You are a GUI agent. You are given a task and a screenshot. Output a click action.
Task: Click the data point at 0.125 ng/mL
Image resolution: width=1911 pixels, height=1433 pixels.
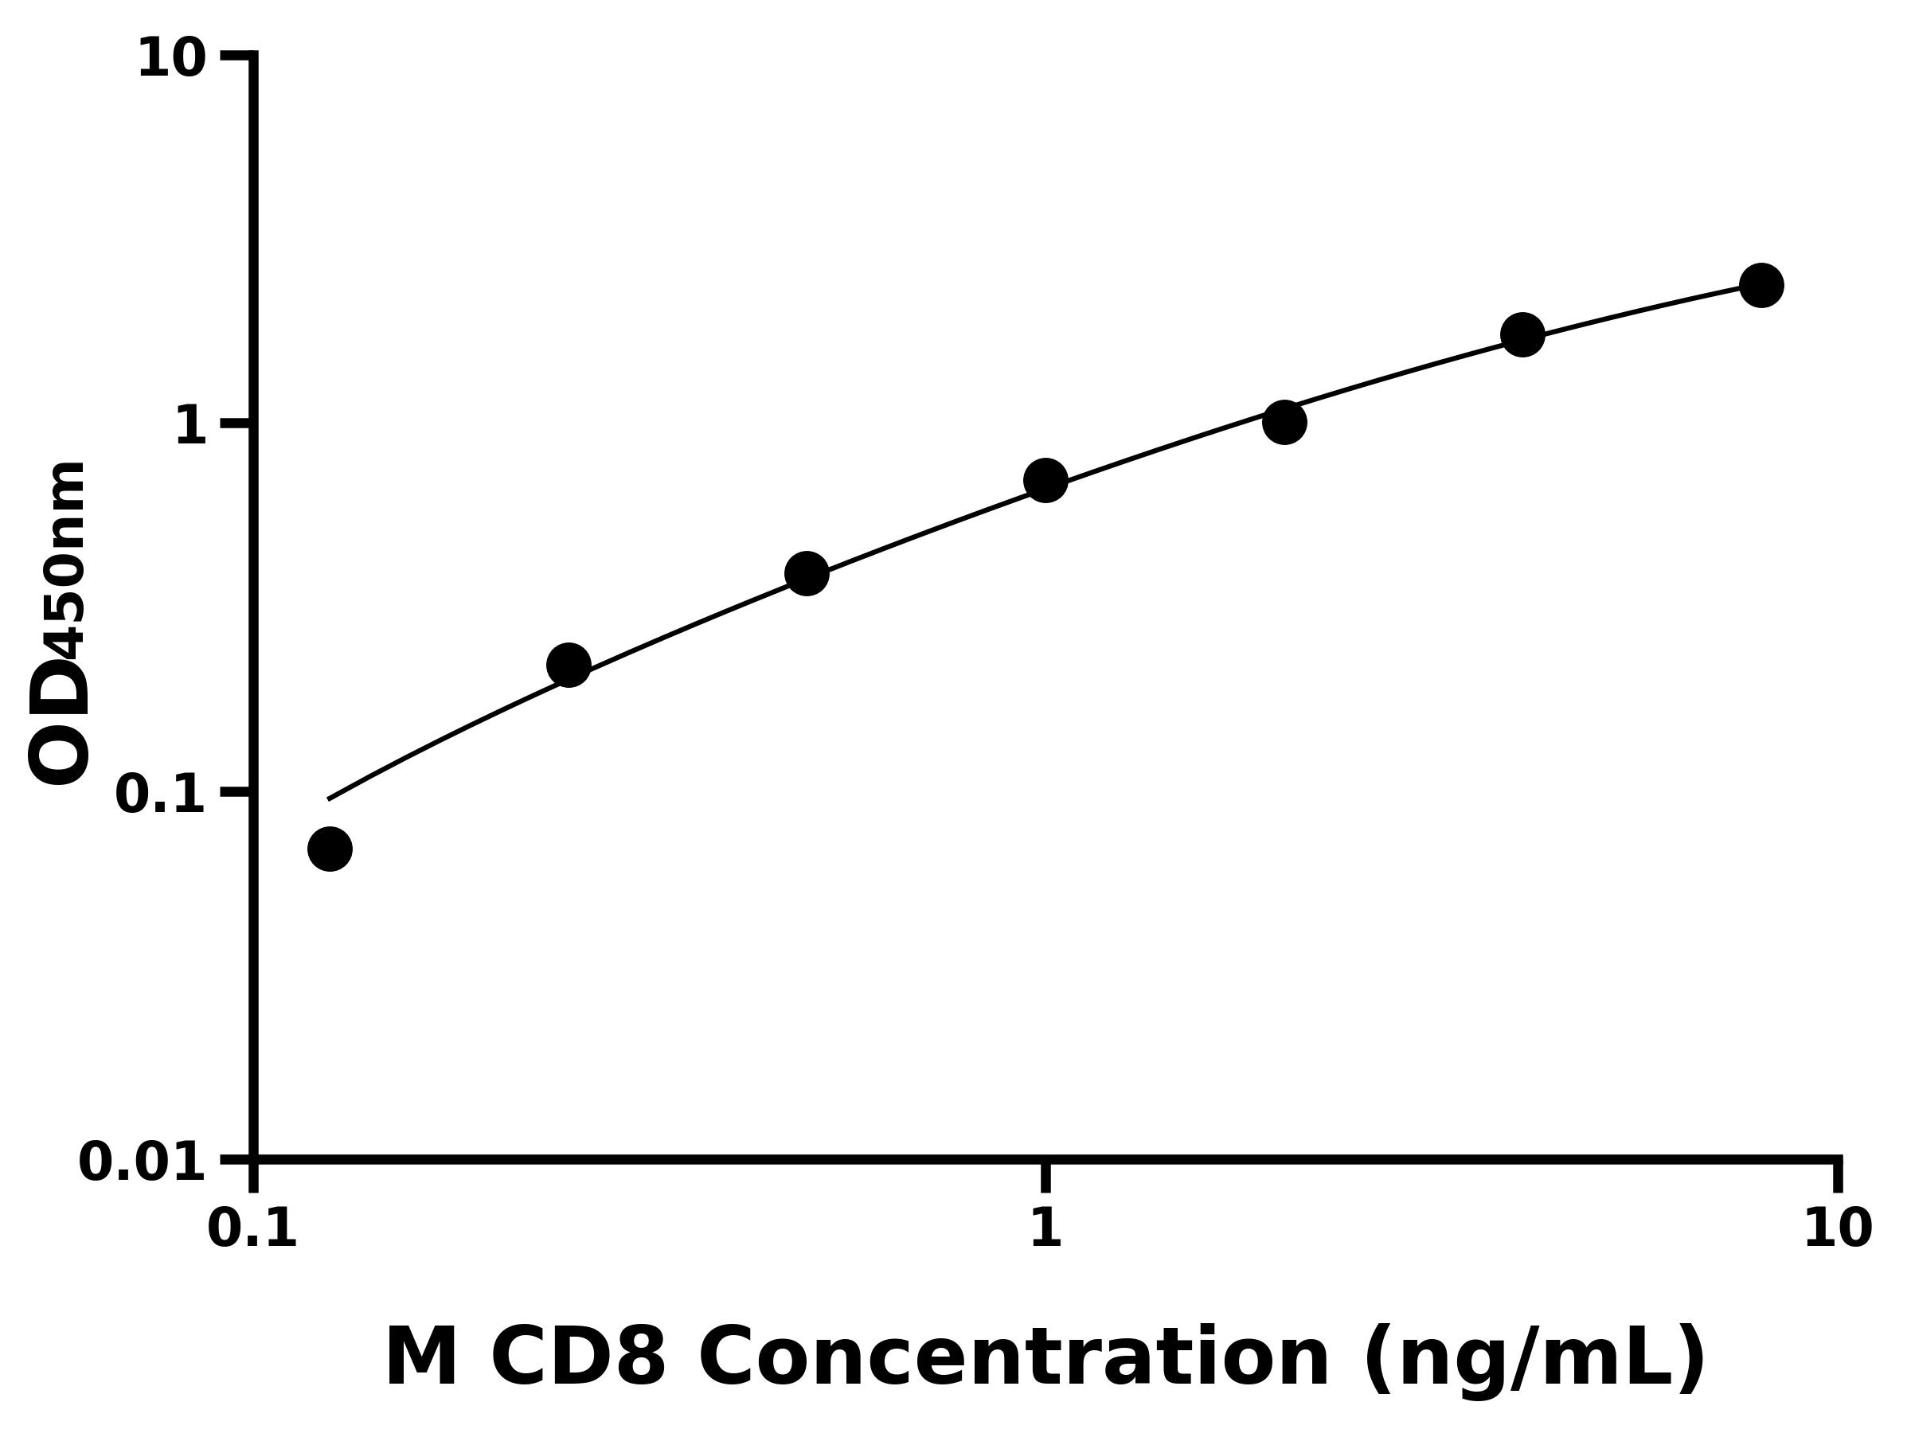(x=330, y=849)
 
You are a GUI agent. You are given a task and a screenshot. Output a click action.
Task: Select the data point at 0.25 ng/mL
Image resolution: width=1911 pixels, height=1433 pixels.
(x=569, y=665)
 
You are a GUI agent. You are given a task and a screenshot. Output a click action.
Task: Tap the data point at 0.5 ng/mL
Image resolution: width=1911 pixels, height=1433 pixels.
(x=807, y=573)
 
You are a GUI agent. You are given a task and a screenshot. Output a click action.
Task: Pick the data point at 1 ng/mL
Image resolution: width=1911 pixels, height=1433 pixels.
(x=1045, y=480)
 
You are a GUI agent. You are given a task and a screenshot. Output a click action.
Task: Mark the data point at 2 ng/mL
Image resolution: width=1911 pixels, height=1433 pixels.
(x=1284, y=423)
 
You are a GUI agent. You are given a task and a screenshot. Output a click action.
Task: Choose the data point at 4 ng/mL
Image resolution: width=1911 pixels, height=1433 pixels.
(x=1523, y=334)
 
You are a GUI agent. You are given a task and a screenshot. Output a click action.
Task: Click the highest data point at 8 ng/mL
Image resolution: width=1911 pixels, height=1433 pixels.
(x=1761, y=285)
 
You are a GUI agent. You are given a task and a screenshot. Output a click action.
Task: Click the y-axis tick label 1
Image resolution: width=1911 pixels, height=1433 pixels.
(x=191, y=427)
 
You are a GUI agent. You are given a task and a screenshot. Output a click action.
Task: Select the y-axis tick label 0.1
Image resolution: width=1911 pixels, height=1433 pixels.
(x=161, y=795)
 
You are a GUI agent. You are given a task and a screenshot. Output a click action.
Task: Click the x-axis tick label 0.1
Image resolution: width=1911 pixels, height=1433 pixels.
(x=252, y=1228)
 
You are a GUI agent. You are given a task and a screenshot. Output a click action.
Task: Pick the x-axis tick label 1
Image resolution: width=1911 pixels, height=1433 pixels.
(x=1045, y=1228)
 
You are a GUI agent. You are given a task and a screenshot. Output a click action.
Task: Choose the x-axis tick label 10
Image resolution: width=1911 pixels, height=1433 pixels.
(x=1839, y=1228)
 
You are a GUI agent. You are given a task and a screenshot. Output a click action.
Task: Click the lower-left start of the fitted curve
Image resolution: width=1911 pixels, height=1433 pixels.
(x=330, y=798)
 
